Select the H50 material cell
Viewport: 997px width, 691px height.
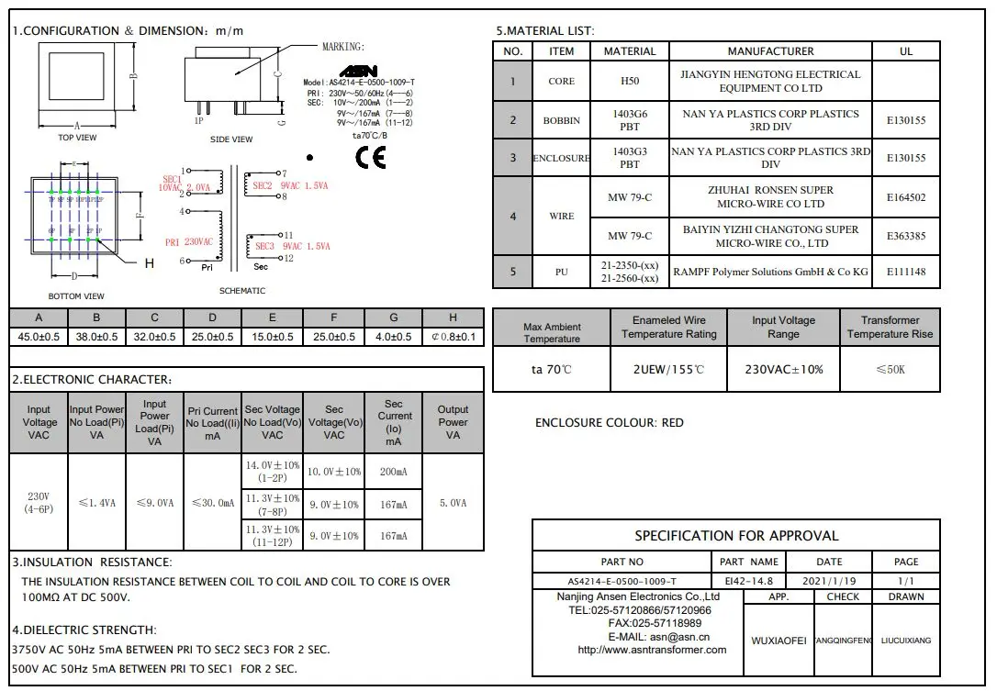(629, 81)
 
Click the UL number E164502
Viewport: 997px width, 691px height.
(905, 197)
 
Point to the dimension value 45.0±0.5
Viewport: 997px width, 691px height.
(39, 337)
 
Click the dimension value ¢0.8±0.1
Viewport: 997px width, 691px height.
(453, 337)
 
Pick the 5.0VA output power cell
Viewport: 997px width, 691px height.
(453, 503)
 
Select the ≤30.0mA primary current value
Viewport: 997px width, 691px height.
(212, 503)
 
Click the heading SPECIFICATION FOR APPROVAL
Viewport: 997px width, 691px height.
(736, 536)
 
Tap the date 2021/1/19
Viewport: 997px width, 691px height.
(828, 581)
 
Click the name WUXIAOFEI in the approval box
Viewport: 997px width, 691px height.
(779, 640)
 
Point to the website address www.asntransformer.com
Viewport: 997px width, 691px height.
(652, 650)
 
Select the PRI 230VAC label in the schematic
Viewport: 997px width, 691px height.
(188, 242)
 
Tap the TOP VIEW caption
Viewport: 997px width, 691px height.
(77, 138)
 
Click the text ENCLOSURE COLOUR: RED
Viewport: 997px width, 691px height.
(610, 423)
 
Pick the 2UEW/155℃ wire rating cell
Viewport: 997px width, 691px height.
(668, 369)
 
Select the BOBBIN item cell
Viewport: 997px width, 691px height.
(561, 120)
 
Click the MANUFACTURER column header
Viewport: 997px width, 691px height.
(770, 51)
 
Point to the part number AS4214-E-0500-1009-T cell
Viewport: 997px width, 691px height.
(622, 581)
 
